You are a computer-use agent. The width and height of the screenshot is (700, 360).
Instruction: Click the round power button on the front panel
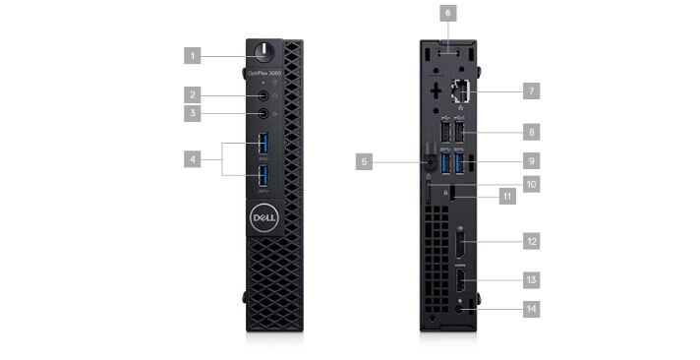point(262,51)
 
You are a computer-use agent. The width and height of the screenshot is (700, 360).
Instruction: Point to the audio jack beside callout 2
point(262,96)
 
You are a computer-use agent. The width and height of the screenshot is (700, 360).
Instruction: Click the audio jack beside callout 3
point(262,114)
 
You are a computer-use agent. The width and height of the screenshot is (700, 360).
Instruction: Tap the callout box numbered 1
point(193,55)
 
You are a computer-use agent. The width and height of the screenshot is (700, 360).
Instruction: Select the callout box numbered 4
point(193,157)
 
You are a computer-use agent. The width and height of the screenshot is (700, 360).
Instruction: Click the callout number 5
point(365,160)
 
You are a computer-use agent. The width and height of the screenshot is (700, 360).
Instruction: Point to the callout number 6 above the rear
point(447,14)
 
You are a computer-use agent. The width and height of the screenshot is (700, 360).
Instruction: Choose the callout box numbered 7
point(531,90)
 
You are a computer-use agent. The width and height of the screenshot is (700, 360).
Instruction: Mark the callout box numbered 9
point(531,158)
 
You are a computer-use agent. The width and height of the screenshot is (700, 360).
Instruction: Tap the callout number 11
point(506,196)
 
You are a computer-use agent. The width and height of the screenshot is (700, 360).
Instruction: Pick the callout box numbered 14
point(531,309)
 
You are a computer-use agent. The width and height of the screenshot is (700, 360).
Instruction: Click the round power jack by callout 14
point(461,310)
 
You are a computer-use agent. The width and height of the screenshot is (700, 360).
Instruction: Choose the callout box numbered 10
point(531,184)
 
